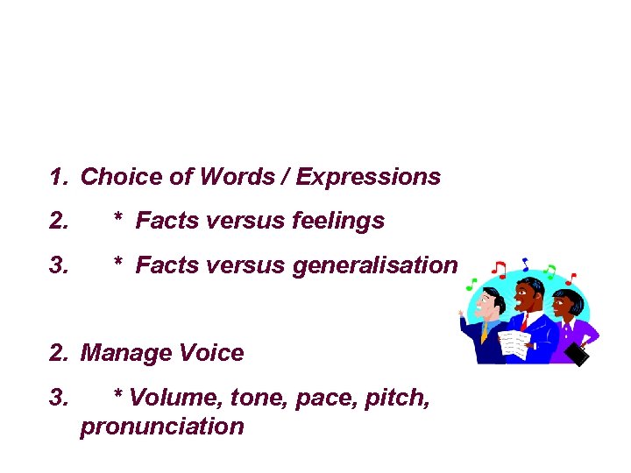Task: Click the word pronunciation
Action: click(x=161, y=427)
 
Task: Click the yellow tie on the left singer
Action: click(x=484, y=332)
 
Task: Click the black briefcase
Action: click(x=578, y=354)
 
